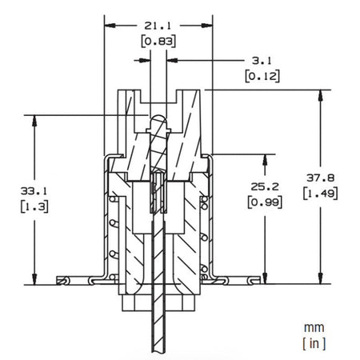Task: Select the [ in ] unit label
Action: tap(313, 343)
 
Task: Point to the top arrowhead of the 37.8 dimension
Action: tap(322, 95)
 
